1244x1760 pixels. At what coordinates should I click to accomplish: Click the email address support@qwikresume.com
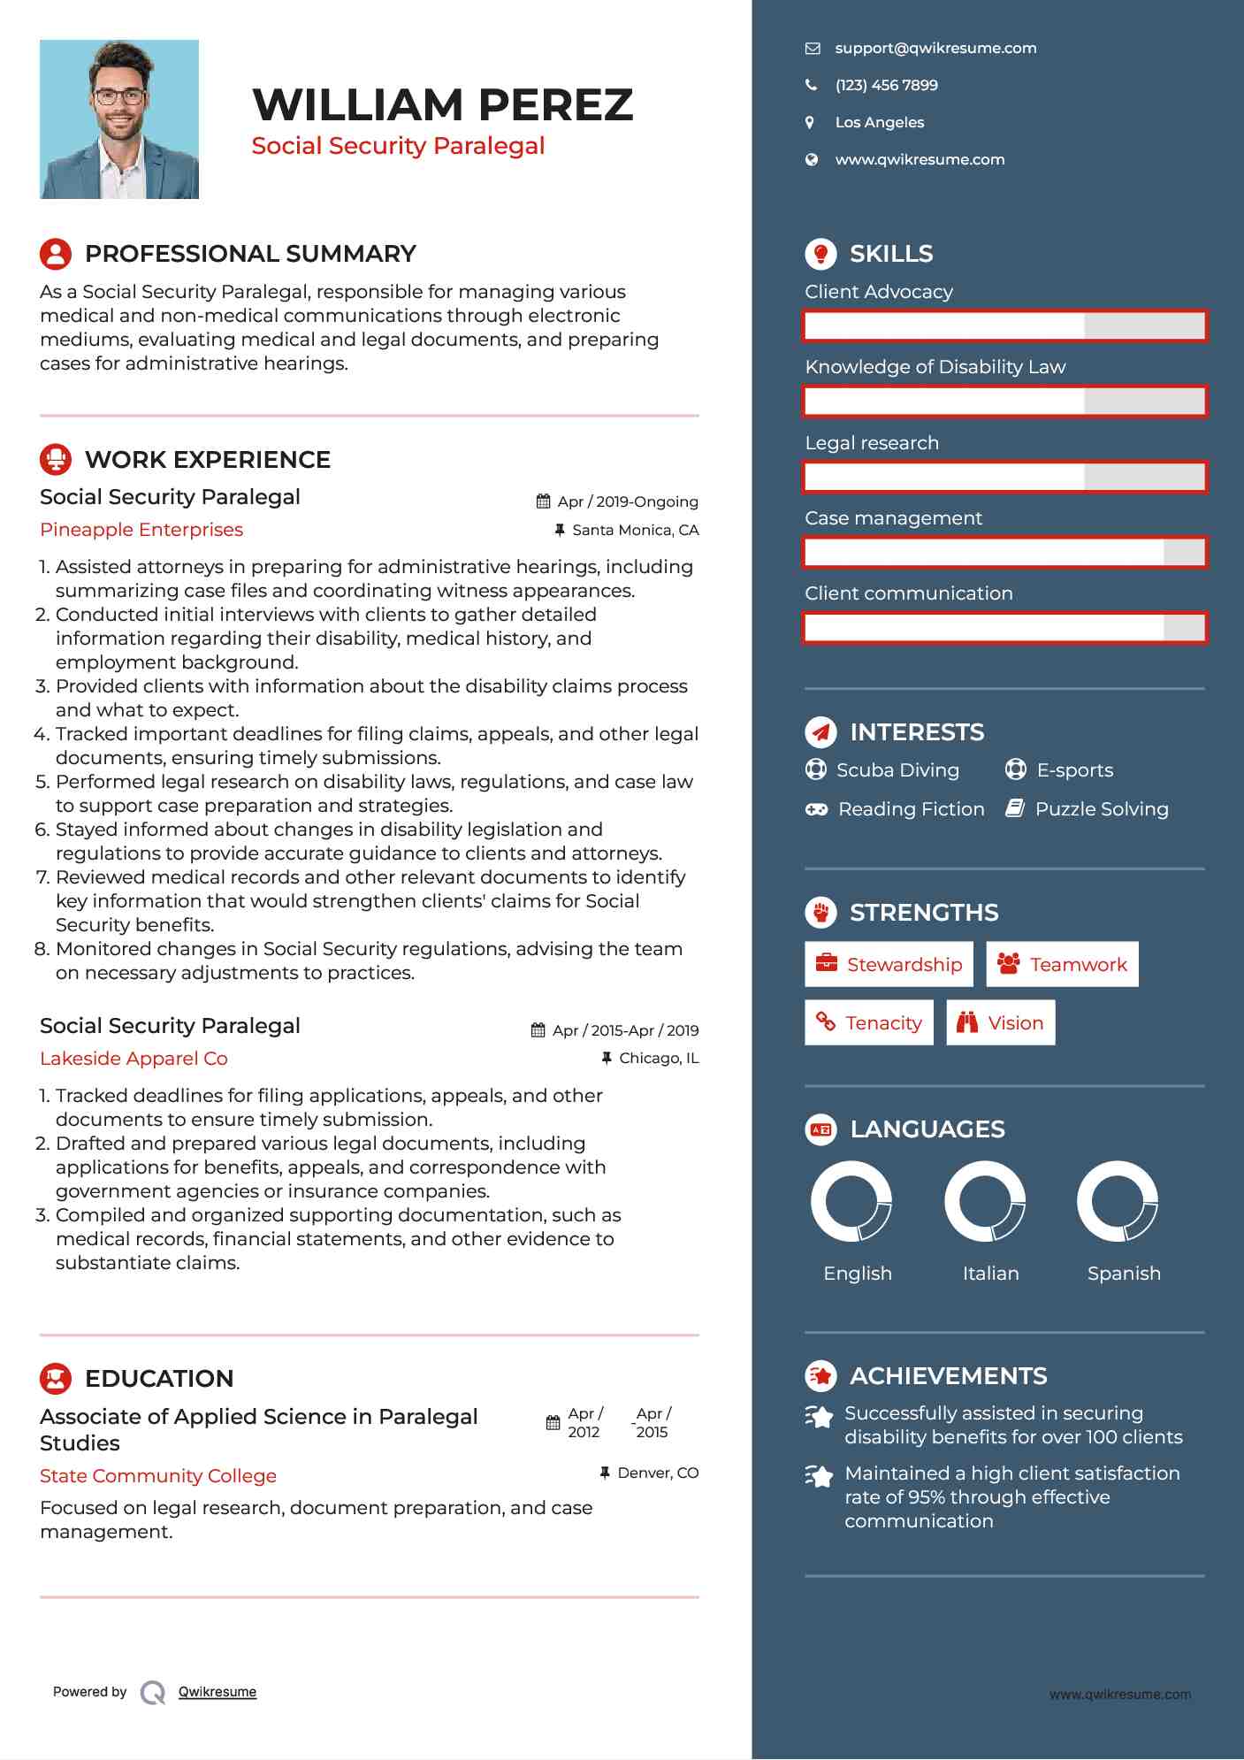pyautogui.click(x=935, y=49)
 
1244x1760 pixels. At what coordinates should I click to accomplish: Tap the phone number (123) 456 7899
pyautogui.click(x=886, y=86)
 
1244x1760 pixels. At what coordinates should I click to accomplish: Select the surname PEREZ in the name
pyautogui.click(x=556, y=105)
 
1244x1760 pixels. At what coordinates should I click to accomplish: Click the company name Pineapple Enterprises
pyautogui.click(x=141, y=530)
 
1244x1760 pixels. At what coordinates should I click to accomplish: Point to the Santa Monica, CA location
pyautogui.click(x=635, y=531)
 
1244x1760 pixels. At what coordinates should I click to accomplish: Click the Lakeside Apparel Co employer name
pyautogui.click(x=134, y=1059)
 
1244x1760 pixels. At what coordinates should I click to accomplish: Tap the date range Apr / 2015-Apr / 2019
pyautogui.click(x=625, y=1030)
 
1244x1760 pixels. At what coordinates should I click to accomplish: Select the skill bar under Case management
pyautogui.click(x=1004, y=553)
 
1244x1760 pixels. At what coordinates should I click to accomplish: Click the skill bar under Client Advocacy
pyautogui.click(x=1004, y=326)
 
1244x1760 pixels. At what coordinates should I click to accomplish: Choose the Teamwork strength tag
pyautogui.click(x=1062, y=964)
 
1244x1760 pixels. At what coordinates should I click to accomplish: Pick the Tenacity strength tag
pyautogui.click(x=868, y=1023)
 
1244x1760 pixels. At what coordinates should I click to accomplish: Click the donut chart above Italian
pyautogui.click(x=984, y=1201)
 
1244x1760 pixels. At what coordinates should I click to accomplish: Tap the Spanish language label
pyautogui.click(x=1123, y=1274)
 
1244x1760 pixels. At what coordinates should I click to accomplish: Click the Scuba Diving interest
pyautogui.click(x=897, y=770)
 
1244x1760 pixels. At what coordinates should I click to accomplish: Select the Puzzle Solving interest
pyautogui.click(x=1101, y=809)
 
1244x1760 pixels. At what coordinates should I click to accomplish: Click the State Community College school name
pyautogui.click(x=158, y=1476)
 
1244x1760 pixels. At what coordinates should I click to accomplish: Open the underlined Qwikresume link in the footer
pyautogui.click(x=218, y=1692)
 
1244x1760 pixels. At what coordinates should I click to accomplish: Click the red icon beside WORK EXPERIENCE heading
pyautogui.click(x=56, y=460)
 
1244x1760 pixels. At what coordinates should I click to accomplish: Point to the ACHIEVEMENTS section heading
pyautogui.click(x=948, y=1376)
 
